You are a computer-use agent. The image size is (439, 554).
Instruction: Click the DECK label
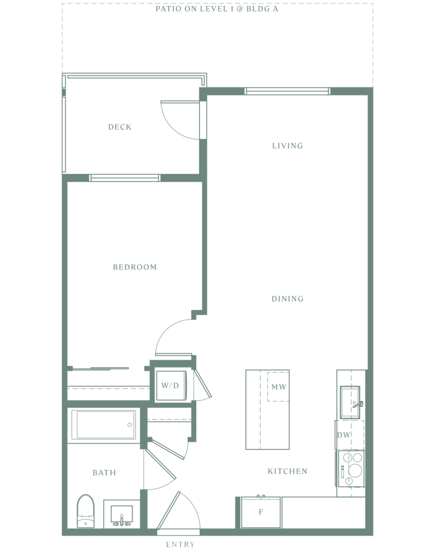pos(120,127)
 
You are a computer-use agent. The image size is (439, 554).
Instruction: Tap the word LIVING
pos(287,146)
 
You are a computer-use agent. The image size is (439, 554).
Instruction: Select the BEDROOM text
pos(135,267)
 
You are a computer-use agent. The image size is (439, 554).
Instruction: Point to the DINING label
pos(287,299)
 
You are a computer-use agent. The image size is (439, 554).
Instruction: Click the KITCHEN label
pos(287,471)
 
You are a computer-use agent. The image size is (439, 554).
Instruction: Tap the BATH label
pos(104,473)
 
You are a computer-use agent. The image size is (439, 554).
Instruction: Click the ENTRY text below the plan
pos(180,544)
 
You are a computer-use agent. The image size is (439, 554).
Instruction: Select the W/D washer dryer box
pos(171,385)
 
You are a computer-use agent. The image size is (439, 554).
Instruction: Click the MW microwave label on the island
pos(279,387)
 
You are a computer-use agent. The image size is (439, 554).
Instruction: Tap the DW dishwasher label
pos(344,435)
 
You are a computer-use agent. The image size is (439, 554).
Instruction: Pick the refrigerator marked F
pos(261,512)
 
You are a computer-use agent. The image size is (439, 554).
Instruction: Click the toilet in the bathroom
pos(86,511)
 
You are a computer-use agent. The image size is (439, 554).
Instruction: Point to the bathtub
pos(103,424)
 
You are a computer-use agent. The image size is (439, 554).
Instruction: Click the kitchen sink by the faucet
pos(350,402)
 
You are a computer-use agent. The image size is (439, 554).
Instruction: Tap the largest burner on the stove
pos(355,470)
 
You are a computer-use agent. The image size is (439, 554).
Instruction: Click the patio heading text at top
pos(217,9)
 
